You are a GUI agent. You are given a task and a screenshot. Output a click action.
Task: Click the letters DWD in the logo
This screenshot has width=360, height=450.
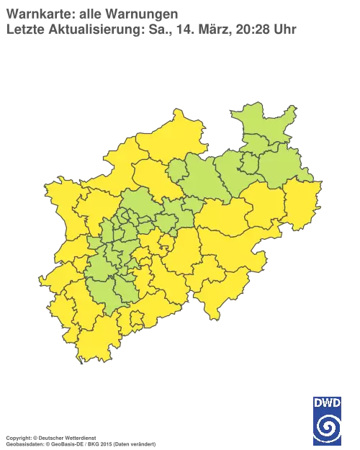coord(327,402)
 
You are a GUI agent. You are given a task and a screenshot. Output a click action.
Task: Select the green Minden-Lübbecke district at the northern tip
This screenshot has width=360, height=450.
coord(263,126)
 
